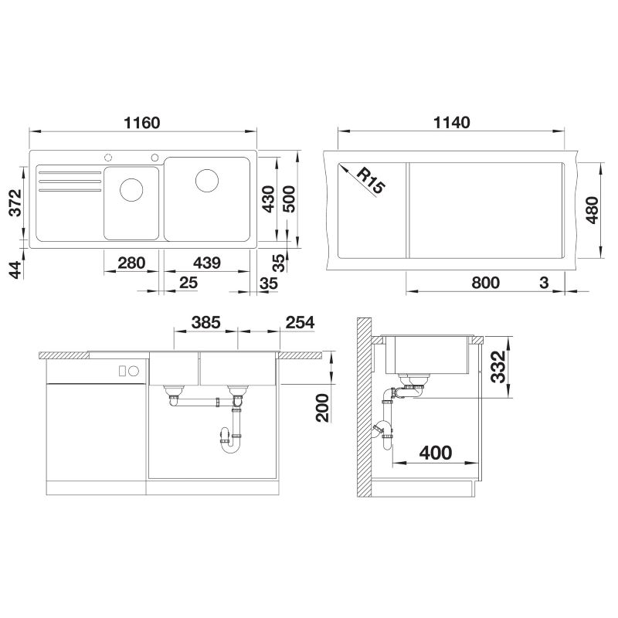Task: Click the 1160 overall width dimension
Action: click(142, 123)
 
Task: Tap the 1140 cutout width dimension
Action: click(452, 123)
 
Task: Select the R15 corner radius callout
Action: click(371, 181)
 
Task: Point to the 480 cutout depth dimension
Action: click(592, 210)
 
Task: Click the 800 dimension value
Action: click(486, 283)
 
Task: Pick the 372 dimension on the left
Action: click(15, 202)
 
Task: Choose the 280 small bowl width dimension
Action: click(131, 263)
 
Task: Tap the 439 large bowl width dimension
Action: click(207, 263)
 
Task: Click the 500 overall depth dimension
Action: click(289, 199)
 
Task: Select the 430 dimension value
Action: click(268, 199)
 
